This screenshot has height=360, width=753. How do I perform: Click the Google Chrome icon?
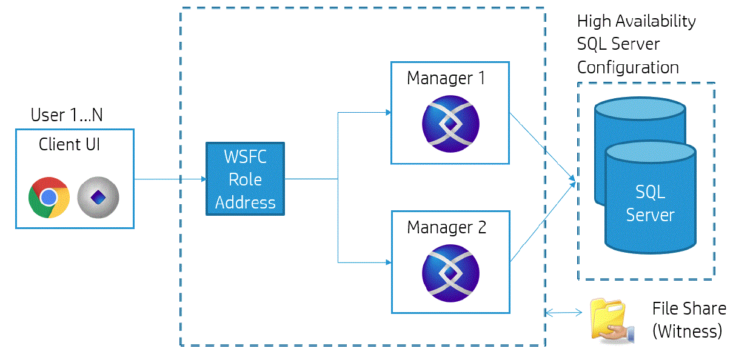[x=49, y=198]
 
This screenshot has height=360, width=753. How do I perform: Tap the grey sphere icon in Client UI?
[x=98, y=198]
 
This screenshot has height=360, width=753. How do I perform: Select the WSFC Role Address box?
[x=245, y=179]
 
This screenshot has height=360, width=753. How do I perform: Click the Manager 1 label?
[x=446, y=78]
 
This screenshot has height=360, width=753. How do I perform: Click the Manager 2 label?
[x=446, y=228]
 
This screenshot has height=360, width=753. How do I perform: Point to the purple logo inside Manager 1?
[x=450, y=124]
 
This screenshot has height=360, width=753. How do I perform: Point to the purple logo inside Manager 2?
[x=450, y=273]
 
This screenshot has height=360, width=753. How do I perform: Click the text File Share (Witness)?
[x=688, y=319]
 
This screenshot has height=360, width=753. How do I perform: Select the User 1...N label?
[x=67, y=115]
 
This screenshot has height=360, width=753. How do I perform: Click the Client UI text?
[x=69, y=144]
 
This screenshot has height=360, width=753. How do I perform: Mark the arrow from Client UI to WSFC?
[x=170, y=179]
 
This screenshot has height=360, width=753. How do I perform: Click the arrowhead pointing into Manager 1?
[x=386, y=112]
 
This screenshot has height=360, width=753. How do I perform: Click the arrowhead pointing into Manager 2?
[x=386, y=262]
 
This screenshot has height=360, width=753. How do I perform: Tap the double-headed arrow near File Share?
[x=563, y=313]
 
